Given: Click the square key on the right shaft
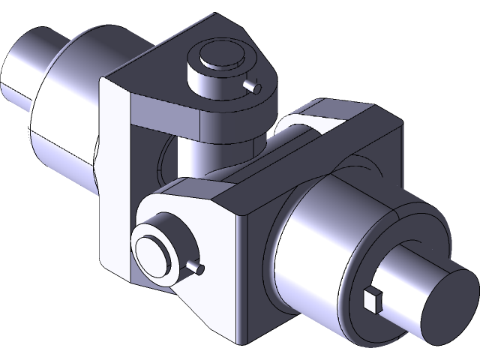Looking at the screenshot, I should [372, 300].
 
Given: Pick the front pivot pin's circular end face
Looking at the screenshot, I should [154, 247].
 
